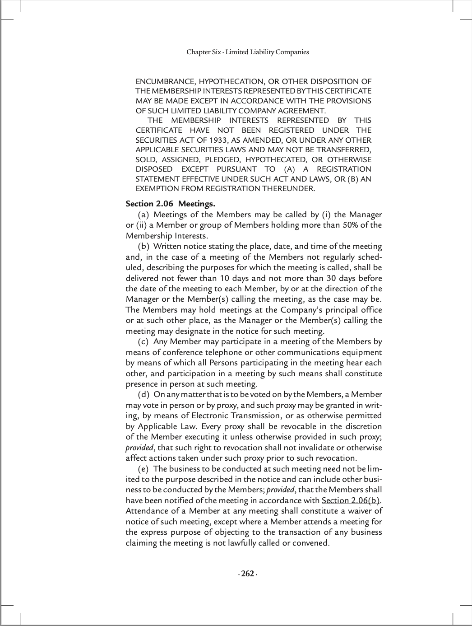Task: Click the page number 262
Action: pos(247,574)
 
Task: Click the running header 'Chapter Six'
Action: pos(203,52)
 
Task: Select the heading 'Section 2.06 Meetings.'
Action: pos(170,204)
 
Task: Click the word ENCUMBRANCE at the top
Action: pos(165,82)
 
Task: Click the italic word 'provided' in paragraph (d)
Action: pos(139,448)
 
